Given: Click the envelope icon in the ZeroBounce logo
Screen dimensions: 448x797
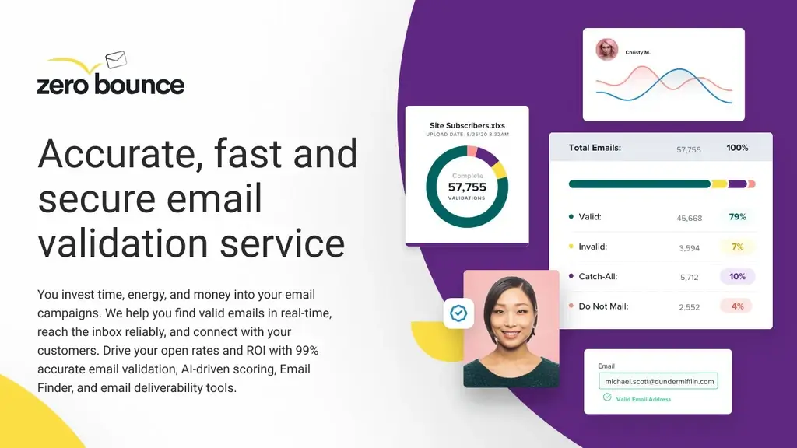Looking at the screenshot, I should coord(115,60).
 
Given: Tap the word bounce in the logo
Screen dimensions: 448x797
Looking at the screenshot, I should coord(139,84).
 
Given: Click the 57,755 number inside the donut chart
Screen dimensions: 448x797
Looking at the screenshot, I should coord(467,187).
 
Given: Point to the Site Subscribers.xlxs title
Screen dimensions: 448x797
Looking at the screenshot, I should coord(467,125).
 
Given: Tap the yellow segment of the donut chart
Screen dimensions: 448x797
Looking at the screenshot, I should coord(500,170).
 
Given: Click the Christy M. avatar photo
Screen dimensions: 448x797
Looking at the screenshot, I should coord(607,50).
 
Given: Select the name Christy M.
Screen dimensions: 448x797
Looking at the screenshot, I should coord(637,53).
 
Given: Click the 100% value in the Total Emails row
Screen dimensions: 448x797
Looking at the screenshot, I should coord(737,148).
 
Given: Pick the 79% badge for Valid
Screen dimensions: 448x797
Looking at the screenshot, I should coord(737,217).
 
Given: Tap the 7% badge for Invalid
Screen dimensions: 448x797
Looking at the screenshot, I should coord(737,247).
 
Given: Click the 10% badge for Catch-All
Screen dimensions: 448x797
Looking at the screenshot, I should coord(737,276).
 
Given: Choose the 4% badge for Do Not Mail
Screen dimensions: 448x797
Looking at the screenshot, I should coord(737,306).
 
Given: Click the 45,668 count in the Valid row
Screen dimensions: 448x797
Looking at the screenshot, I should coord(690,218).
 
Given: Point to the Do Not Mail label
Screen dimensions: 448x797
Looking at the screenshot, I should coord(603,306).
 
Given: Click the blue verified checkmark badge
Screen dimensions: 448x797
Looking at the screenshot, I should coord(458,313).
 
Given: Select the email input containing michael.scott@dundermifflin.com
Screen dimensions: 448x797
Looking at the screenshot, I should coord(658,382).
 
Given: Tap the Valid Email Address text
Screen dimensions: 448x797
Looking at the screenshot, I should coord(643,400).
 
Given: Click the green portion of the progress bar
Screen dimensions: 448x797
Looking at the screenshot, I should coord(639,184).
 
